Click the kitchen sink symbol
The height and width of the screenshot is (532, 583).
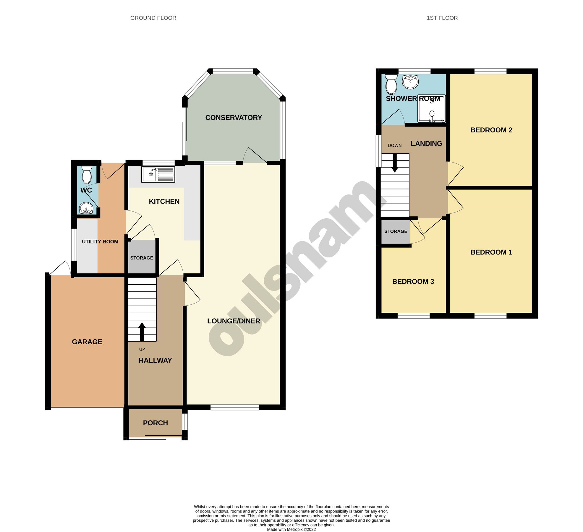[158, 174]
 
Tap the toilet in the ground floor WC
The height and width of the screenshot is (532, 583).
[87, 175]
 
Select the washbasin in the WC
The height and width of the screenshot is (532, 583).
[86, 208]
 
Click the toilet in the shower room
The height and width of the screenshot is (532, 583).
[391, 84]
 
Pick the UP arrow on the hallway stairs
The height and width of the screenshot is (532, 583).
[142, 331]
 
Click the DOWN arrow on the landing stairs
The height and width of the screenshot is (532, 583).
[395, 163]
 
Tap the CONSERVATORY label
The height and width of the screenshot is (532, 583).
[234, 118]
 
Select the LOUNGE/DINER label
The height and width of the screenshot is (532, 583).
[234, 321]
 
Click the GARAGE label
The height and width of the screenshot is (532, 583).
[87, 342]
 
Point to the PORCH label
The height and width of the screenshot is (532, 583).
[155, 423]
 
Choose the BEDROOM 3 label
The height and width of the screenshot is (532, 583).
[413, 281]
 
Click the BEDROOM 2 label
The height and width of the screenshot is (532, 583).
[491, 130]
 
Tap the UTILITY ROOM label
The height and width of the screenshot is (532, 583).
[100, 241]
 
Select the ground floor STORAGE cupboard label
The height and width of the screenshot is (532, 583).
[142, 258]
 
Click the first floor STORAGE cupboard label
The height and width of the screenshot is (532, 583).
[396, 231]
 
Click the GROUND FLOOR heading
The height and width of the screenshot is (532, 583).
[153, 18]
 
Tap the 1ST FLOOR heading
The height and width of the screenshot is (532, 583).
[442, 18]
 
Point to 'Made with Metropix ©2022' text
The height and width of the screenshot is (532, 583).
[291, 529]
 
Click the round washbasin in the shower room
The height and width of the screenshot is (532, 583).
[410, 82]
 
